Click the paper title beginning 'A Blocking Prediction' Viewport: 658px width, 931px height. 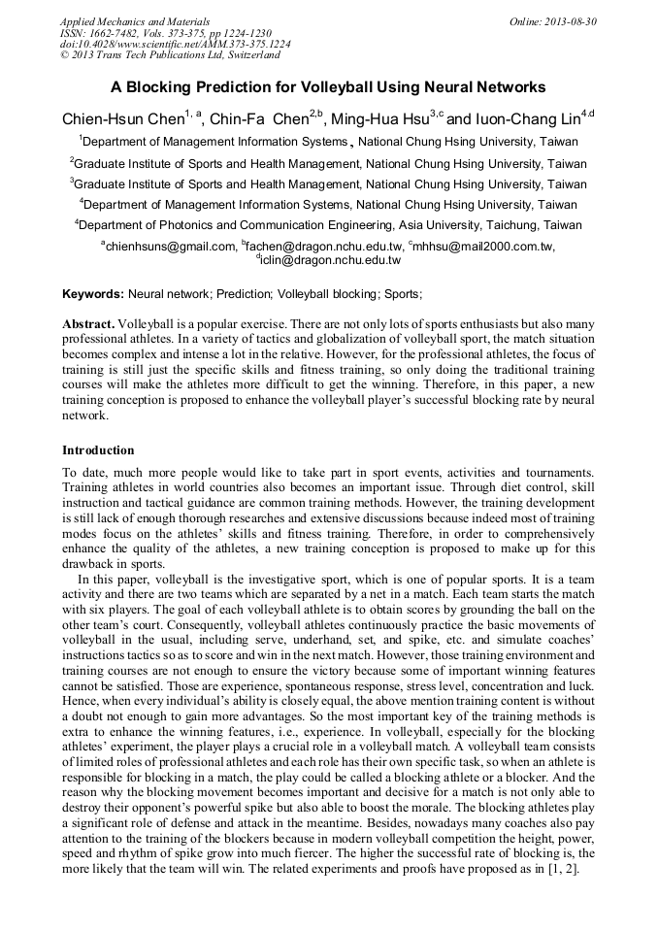coord(328,87)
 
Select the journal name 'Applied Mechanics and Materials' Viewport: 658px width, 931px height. coord(135,20)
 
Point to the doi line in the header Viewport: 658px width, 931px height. coord(175,44)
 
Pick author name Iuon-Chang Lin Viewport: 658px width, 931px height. coord(525,120)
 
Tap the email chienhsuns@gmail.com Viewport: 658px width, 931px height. coord(170,247)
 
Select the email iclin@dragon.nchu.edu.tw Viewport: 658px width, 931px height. coord(330,260)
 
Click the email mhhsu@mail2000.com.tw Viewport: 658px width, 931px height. coord(482,247)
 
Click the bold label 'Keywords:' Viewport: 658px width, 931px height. coord(93,293)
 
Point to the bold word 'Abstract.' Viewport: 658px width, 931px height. coord(88,322)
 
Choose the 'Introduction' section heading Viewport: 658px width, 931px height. coord(98,450)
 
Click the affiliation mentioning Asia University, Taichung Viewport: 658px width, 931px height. coord(329,225)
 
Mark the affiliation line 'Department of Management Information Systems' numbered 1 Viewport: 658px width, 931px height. coord(329,142)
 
